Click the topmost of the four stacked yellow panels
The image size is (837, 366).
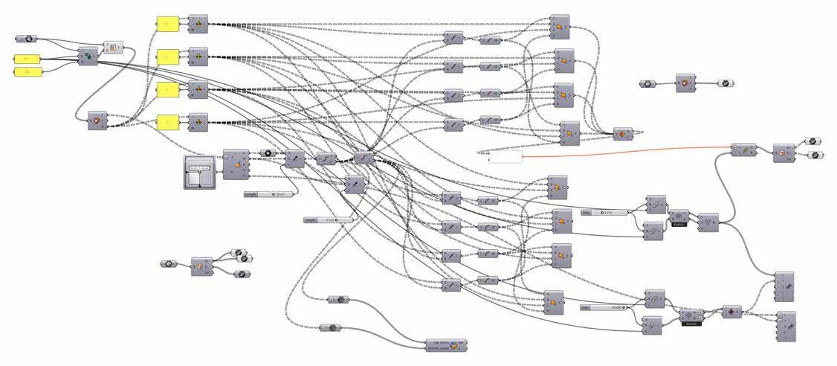[x=169, y=24]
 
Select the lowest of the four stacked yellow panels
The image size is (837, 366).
[x=169, y=121]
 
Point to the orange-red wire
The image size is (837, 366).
[x=632, y=150]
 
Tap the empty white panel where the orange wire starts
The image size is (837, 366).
[x=505, y=158]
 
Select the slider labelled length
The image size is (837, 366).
[x=268, y=193]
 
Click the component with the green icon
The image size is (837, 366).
[x=88, y=57]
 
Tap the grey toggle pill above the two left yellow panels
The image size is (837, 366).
[x=25, y=38]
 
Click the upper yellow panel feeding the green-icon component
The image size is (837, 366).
[x=27, y=58]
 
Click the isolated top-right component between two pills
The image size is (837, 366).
[x=685, y=83]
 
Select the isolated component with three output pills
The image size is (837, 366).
[x=201, y=266]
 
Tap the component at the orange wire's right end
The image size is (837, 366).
[x=743, y=150]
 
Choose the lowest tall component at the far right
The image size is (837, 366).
[x=786, y=326]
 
